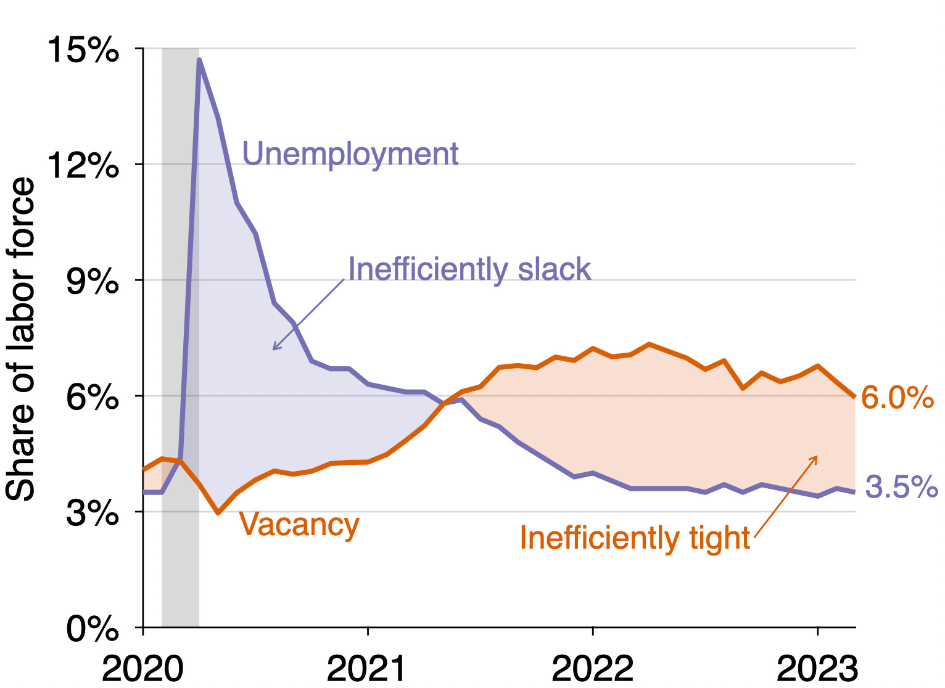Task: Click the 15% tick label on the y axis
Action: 83,49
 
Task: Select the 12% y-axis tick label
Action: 83,165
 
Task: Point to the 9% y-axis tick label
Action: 92,281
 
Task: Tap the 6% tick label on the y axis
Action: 92,396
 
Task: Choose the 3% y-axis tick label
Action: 92,512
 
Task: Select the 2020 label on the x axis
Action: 142,668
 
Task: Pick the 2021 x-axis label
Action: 367,668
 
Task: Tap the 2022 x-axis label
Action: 592,668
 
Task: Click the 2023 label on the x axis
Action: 817,668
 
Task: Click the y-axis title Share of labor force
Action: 20,339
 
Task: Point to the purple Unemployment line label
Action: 350,154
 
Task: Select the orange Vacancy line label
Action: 299,524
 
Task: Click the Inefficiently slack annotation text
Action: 469,269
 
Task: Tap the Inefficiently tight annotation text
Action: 635,538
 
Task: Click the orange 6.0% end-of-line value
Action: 897,398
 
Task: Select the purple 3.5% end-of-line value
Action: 901,487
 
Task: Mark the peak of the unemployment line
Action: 199,60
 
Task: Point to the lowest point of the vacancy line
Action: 218,512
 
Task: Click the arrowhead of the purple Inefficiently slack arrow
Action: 274,349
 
